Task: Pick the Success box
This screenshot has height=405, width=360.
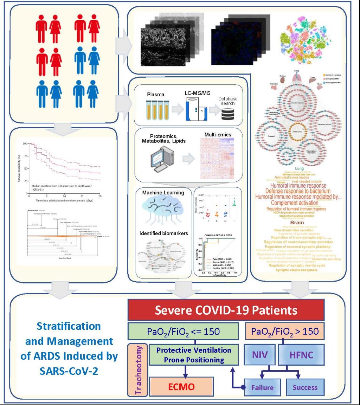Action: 304,388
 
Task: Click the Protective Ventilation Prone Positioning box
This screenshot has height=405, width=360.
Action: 188,355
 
